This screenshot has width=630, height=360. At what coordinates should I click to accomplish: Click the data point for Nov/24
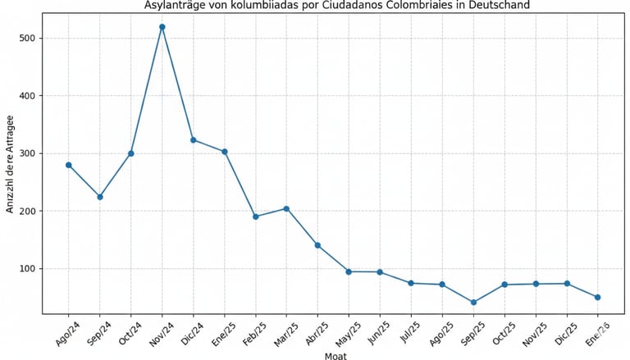[x=162, y=27]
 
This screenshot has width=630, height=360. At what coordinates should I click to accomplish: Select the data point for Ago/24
[x=69, y=165]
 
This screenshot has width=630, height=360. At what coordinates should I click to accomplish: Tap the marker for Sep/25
[x=473, y=303]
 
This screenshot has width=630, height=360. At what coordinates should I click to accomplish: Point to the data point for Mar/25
[x=286, y=208]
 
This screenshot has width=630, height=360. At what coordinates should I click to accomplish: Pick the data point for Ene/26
[x=598, y=297]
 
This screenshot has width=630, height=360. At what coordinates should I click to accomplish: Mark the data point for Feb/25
[x=256, y=216]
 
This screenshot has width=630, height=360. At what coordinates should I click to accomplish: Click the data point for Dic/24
[x=194, y=140]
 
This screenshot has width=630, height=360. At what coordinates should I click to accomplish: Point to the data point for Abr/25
[x=317, y=245]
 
